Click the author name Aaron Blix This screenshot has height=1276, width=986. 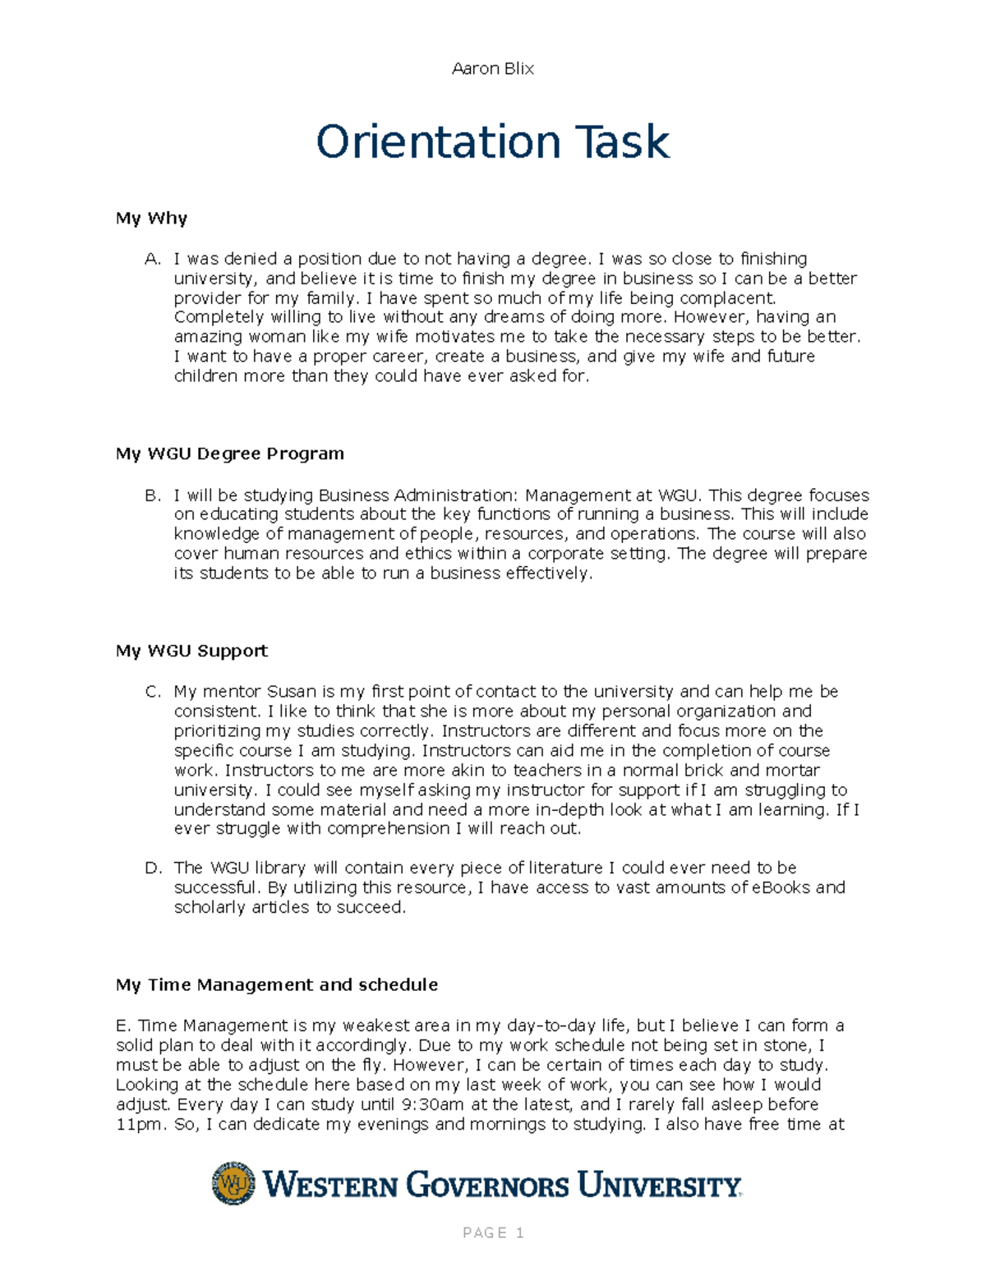[x=492, y=69]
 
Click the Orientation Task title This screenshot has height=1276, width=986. [x=493, y=142]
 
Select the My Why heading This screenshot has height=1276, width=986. [x=151, y=219]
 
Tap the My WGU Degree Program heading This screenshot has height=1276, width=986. [x=229, y=454]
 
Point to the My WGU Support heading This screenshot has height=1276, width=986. [x=191, y=651]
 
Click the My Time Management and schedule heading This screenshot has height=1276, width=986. [x=276, y=984]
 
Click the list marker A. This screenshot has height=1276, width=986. [x=152, y=260]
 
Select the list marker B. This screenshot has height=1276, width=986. [x=152, y=495]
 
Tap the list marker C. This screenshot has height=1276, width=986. [x=152, y=692]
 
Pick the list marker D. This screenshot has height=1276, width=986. [x=152, y=868]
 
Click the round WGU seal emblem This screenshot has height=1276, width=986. [x=233, y=1183]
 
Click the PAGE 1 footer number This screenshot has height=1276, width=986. [x=493, y=1232]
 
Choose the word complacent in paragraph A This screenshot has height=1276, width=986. [x=723, y=298]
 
